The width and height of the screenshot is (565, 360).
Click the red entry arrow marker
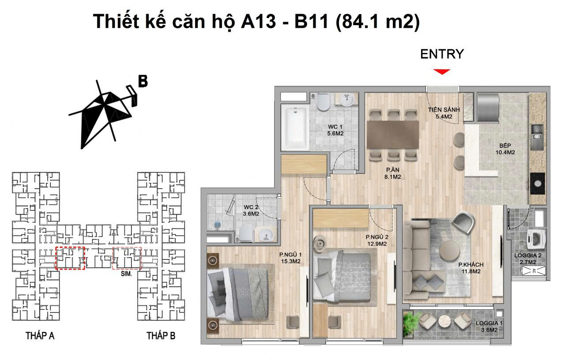(x=441, y=71)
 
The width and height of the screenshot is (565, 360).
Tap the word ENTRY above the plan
(x=442, y=54)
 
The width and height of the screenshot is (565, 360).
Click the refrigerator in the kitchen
(x=487, y=106)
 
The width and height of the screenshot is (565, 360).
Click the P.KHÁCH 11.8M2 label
(x=471, y=268)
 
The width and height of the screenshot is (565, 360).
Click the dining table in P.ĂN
(x=393, y=135)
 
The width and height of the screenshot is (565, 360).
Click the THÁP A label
(x=40, y=336)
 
